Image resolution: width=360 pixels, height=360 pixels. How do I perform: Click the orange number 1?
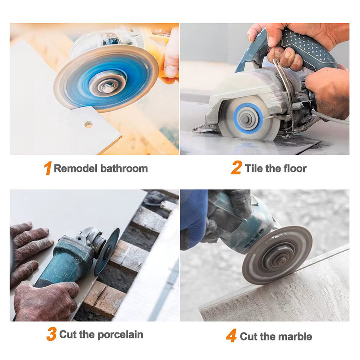point(48,168)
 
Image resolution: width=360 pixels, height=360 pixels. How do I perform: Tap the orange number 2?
point(236,168)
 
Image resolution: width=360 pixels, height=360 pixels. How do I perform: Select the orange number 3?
point(52,334)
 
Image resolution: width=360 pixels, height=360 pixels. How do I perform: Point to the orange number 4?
point(232,336)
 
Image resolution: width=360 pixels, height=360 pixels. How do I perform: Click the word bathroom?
point(124,168)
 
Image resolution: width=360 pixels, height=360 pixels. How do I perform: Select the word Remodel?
point(76,168)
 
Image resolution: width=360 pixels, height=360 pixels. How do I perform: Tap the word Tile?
point(254,168)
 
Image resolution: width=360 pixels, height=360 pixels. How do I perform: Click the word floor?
point(295,168)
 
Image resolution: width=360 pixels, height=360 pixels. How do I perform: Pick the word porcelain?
point(120,335)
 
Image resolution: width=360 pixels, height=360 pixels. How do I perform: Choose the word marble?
point(295,336)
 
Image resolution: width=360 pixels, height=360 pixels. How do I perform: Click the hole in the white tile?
point(89,124)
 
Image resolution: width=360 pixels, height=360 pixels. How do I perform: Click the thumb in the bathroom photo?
point(172,70)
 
